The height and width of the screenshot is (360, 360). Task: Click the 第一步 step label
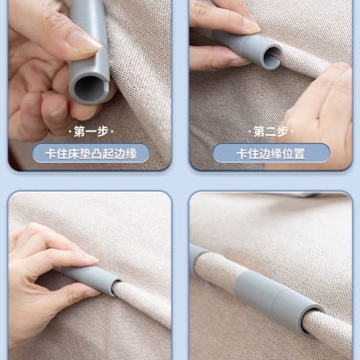coord(91,131)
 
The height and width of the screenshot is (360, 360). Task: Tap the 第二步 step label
coord(271,131)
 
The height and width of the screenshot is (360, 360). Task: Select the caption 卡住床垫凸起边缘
coord(91,153)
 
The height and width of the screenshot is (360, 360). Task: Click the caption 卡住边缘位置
coord(271,153)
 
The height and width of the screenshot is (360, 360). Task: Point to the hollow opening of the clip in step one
coord(88,89)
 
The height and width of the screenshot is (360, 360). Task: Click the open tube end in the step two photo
coord(272,57)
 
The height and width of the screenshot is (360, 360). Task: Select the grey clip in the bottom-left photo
coord(91,279)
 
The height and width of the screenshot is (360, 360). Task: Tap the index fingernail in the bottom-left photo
coord(91,258)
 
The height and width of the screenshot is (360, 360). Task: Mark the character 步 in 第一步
coord(102,131)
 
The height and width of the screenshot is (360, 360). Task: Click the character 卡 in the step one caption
coord(51,153)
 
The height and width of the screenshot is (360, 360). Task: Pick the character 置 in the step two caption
coord(300,153)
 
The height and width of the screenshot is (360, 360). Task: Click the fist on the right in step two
coord(319,115)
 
